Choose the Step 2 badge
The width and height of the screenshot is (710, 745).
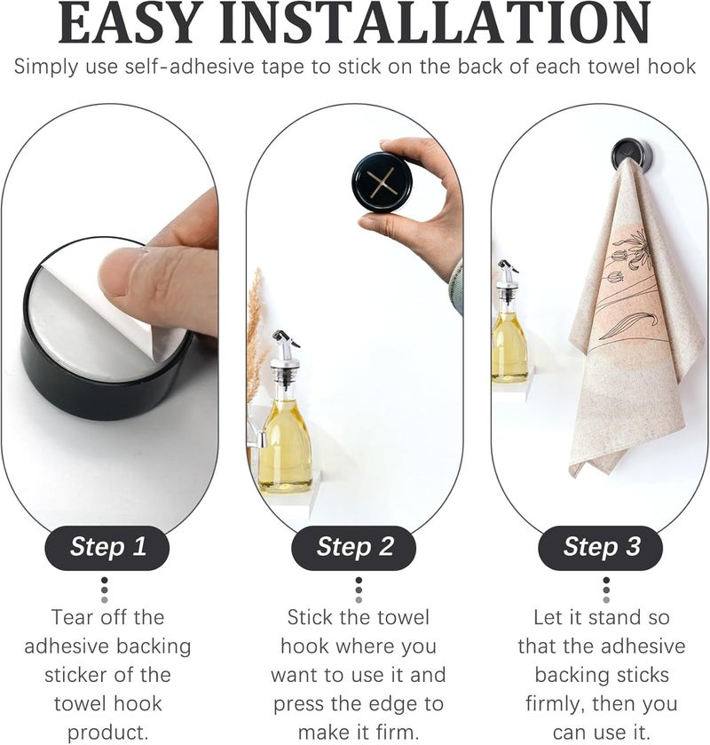(x=355, y=546)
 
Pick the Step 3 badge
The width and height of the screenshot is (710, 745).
(x=602, y=546)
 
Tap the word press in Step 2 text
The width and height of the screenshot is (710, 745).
(x=303, y=704)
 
